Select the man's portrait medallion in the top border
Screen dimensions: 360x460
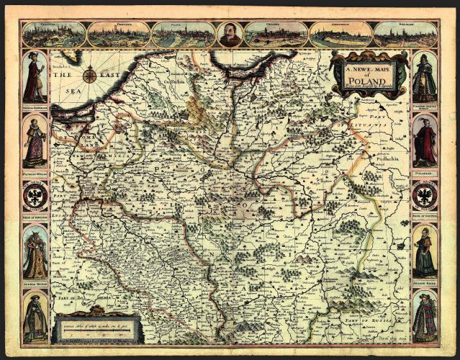[x=230, y=34]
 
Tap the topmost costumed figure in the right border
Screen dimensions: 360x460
[x=425, y=77]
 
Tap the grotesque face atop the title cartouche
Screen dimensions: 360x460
[x=369, y=55]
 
